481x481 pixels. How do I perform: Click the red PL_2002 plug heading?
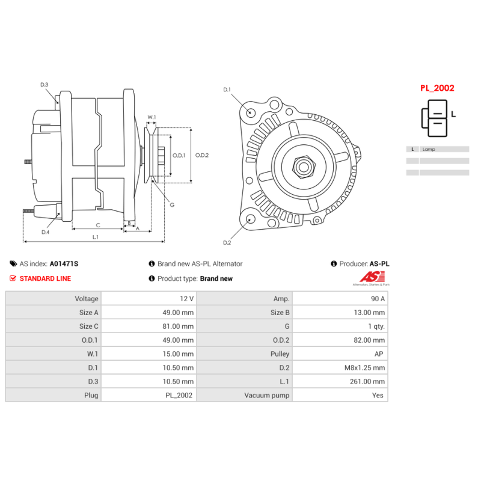click(x=437, y=88)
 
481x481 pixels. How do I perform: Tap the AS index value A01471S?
click(x=64, y=264)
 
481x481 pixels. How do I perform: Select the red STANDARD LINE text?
click(x=45, y=278)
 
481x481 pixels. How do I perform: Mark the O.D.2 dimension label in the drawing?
click(x=201, y=155)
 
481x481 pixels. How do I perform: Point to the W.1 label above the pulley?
click(x=152, y=117)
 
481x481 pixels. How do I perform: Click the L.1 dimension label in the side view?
click(x=95, y=237)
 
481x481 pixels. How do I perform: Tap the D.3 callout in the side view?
click(x=44, y=85)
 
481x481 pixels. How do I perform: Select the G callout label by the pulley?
click(x=172, y=205)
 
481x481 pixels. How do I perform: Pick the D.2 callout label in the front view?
click(x=227, y=243)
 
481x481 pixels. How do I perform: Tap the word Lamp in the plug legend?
click(x=429, y=149)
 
